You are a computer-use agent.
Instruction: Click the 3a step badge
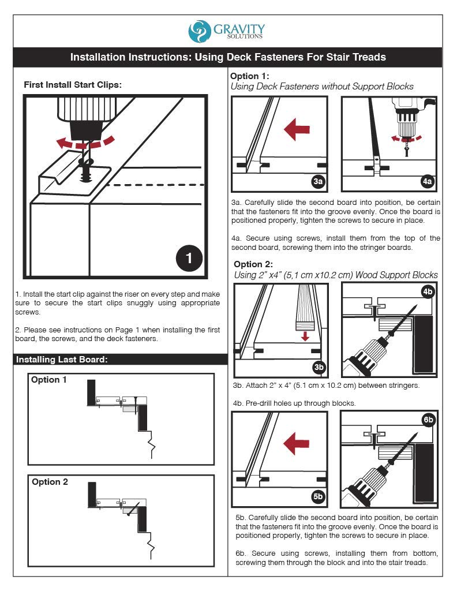click(x=317, y=181)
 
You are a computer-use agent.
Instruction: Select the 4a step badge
click(x=427, y=181)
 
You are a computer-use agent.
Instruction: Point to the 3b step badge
click(x=319, y=367)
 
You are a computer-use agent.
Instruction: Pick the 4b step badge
click(x=428, y=292)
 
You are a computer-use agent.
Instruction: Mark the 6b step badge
click(x=428, y=420)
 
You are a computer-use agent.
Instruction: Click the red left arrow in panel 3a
click(x=297, y=129)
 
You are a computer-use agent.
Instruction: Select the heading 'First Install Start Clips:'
click(x=73, y=85)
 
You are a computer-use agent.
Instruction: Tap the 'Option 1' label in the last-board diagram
click(x=49, y=380)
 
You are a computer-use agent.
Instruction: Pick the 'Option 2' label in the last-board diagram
click(x=50, y=481)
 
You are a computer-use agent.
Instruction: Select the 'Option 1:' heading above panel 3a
click(x=250, y=76)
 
